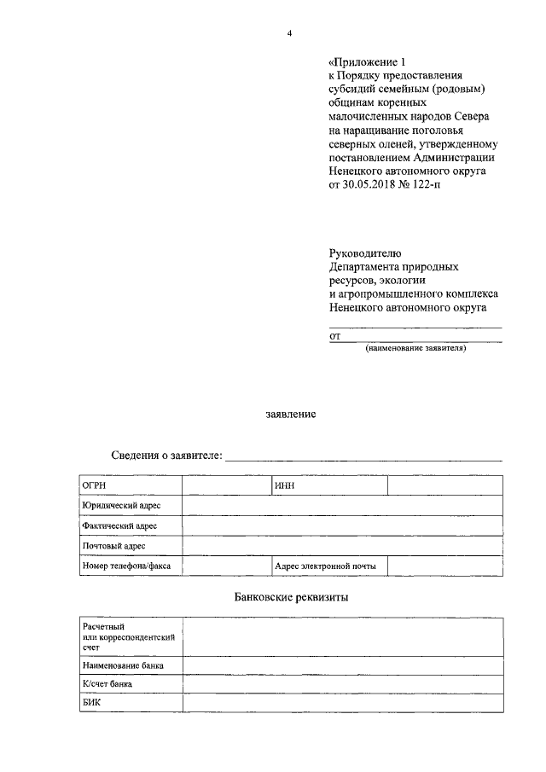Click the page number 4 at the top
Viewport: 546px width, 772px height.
coord(290,33)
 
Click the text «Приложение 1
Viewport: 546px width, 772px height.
coord(363,61)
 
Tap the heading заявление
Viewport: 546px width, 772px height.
coord(290,415)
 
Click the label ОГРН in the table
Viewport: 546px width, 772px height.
coord(94,485)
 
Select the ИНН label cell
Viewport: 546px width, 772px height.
coord(285,485)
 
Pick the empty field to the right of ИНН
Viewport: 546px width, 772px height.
coord(444,485)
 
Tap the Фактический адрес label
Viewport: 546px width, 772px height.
coord(115,526)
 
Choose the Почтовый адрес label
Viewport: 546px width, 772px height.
coord(113,546)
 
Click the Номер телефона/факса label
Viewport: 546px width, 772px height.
coord(125,566)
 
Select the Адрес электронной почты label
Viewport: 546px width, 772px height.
coord(325,566)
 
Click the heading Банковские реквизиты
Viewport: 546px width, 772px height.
coord(290,597)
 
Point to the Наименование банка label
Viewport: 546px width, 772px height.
coord(123,665)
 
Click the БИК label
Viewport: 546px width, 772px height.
coord(92,704)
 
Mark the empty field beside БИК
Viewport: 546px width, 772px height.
coord(341,704)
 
